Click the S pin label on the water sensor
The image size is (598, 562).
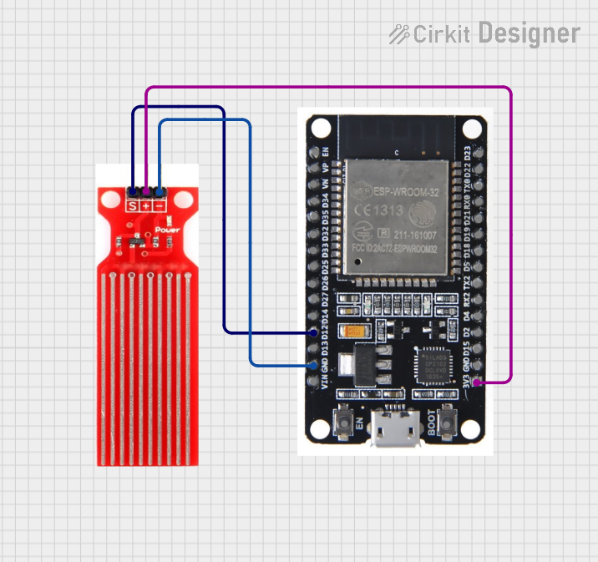132,205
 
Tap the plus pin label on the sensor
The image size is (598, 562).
146,205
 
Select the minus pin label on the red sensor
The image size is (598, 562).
160,205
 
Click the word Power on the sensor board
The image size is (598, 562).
167,229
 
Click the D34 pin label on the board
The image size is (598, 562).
325,202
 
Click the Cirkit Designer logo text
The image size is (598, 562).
484,33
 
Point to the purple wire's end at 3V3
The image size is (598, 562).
477,382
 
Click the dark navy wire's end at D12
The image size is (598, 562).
312,332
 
